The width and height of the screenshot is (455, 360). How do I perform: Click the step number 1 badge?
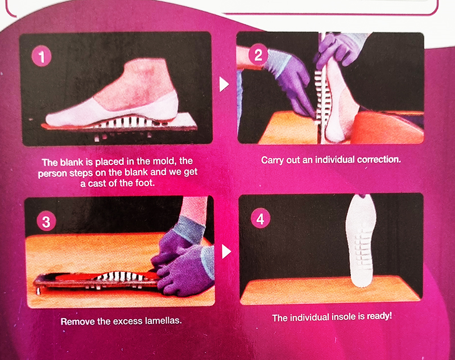click(x=42, y=56)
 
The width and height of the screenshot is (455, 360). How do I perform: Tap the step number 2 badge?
click(x=258, y=55)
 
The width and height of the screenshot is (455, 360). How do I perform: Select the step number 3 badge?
click(x=47, y=221)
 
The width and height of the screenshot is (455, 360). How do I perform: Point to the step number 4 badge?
click(x=260, y=218)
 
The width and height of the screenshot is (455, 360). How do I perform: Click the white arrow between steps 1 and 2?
click(x=224, y=84)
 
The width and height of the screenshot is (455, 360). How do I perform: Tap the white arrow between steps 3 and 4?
click(x=226, y=251)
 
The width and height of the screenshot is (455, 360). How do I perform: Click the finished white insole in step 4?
click(x=361, y=241)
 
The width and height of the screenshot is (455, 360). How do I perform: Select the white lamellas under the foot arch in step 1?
click(x=127, y=122)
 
